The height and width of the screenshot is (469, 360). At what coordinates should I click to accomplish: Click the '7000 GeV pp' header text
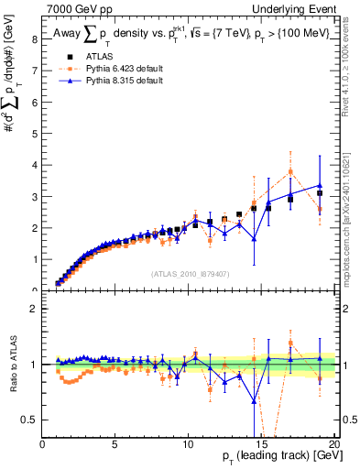[x=76, y=8]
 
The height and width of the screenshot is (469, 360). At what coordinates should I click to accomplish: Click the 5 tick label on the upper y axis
[x=34, y=134]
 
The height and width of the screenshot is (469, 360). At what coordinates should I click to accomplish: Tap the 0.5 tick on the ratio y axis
[x=29, y=420]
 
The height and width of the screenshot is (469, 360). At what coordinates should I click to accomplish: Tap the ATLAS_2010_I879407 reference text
[x=190, y=273]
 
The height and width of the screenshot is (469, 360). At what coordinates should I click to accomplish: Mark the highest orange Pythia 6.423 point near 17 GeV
[x=290, y=171]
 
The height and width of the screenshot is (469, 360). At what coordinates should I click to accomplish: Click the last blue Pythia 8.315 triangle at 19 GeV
[x=320, y=186]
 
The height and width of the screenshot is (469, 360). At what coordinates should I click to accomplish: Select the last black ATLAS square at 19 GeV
[x=320, y=193]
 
